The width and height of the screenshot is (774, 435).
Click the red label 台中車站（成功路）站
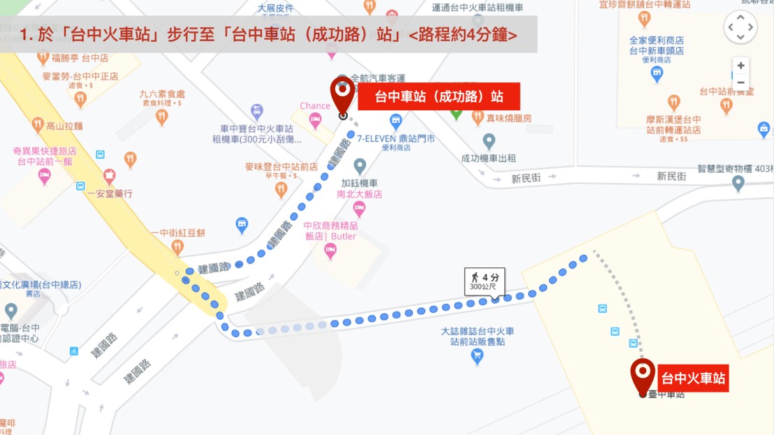(x=439, y=96)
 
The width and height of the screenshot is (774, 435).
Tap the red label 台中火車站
(x=694, y=379)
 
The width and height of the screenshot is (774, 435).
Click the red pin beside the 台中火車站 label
(x=643, y=375)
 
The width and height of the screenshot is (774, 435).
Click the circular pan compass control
(x=740, y=28)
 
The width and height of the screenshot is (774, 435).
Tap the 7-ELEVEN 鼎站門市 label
(x=396, y=139)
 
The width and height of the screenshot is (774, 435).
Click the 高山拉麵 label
(x=64, y=126)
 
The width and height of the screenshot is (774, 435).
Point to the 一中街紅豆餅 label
(x=177, y=233)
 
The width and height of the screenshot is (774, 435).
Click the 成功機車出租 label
(x=489, y=158)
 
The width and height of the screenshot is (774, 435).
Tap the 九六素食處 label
(x=162, y=94)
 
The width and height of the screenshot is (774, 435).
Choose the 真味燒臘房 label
(x=509, y=118)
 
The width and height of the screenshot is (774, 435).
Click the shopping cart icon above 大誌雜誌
(x=477, y=357)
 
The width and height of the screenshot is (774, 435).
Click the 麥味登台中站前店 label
(x=282, y=167)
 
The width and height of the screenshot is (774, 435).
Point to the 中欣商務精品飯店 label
(x=330, y=231)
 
